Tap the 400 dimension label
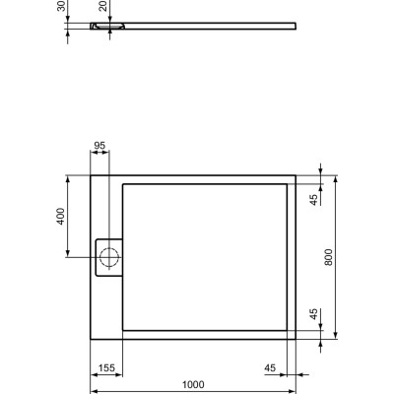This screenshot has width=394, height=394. (60, 217)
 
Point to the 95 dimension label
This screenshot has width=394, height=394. (99, 147)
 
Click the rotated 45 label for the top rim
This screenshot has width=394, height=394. (313, 199)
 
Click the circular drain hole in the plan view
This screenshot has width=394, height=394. (109, 258)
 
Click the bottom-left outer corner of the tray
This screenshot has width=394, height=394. (90, 339)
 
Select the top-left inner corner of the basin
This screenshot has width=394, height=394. (122, 183)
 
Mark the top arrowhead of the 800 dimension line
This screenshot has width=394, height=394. (337, 178)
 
